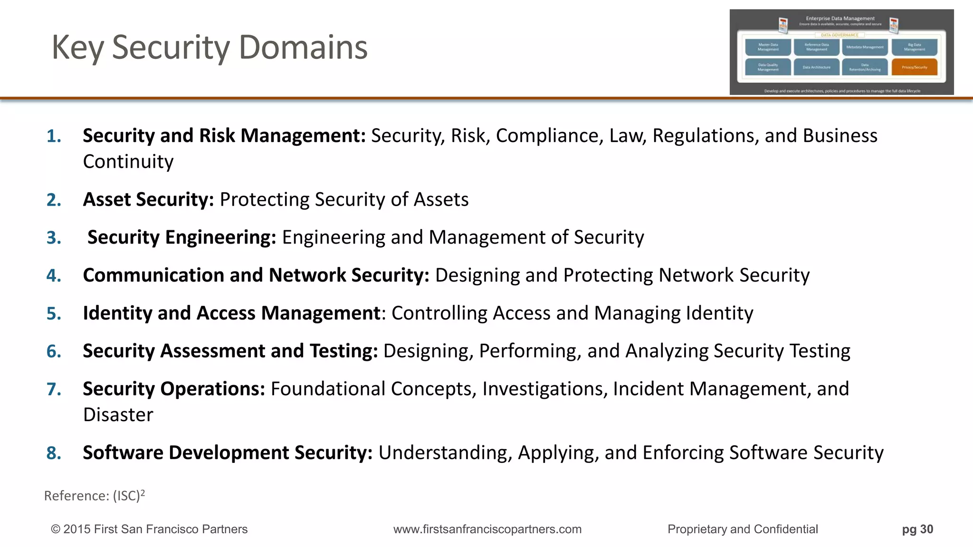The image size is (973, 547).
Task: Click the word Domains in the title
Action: (303, 47)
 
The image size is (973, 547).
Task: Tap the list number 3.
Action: (54, 237)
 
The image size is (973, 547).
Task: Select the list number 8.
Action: (54, 453)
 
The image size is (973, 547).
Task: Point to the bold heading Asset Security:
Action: (148, 199)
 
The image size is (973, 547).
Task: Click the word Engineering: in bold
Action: (220, 237)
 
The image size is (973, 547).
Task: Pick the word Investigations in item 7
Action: (544, 389)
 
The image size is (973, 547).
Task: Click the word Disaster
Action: (118, 415)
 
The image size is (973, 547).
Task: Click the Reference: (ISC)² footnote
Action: (94, 496)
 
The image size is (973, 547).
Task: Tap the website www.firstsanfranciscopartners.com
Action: (487, 529)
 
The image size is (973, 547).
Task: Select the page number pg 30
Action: (917, 529)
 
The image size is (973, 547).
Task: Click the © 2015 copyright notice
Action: (149, 529)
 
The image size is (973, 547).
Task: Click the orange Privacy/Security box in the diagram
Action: (914, 67)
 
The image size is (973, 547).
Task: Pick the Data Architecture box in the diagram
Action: (816, 67)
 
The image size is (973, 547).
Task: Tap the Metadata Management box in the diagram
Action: (865, 47)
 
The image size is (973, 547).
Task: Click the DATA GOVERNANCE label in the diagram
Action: (839, 35)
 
